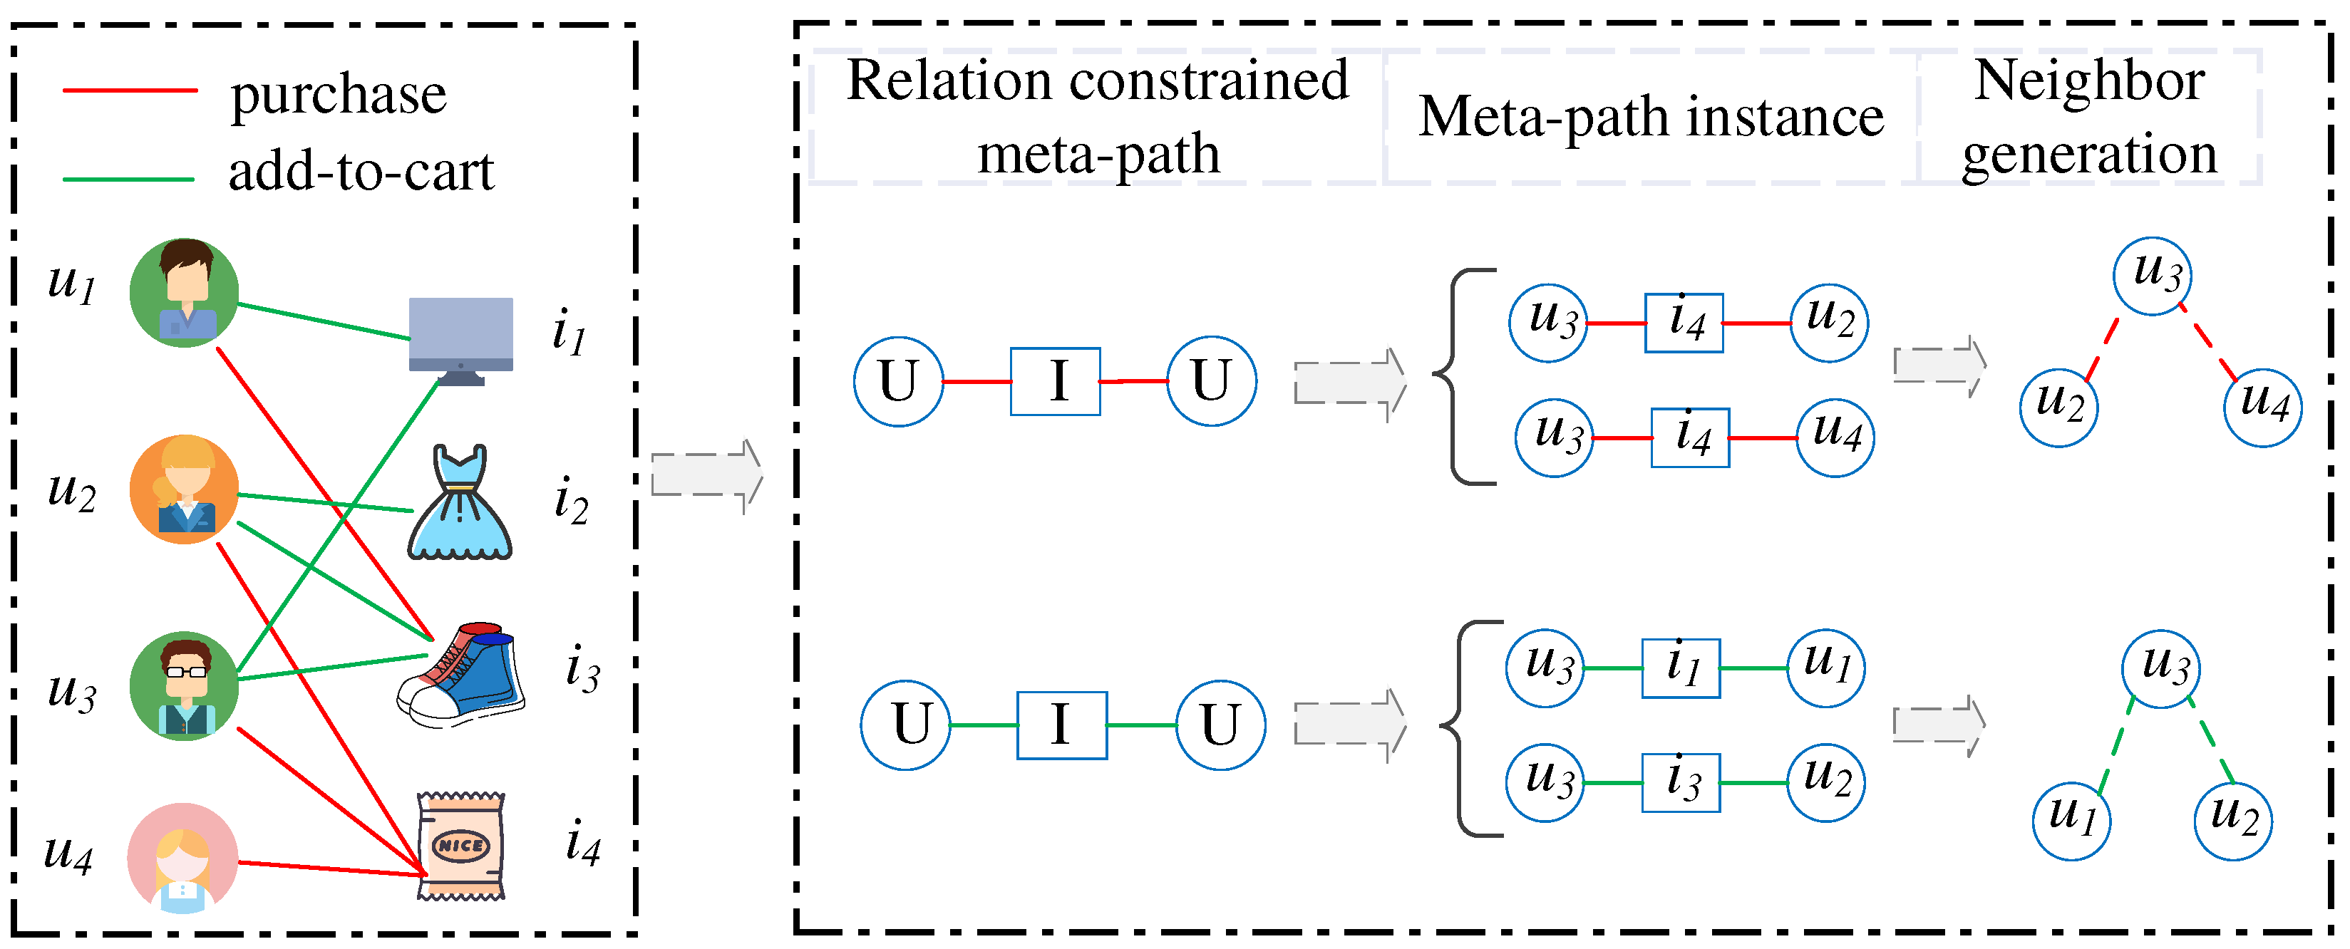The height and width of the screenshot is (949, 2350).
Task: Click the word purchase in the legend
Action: (x=338, y=95)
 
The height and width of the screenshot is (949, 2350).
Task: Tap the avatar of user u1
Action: (x=185, y=294)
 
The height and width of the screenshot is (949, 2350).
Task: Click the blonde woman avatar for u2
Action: (x=185, y=489)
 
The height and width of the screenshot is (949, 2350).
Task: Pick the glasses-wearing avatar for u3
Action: (x=185, y=685)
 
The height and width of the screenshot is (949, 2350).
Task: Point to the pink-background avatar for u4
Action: (x=182, y=857)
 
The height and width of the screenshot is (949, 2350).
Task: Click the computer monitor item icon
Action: (x=460, y=339)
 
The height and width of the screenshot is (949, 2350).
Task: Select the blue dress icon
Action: (x=460, y=503)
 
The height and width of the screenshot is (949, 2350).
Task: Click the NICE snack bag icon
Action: (x=460, y=846)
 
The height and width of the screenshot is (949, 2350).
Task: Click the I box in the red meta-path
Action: (x=1056, y=381)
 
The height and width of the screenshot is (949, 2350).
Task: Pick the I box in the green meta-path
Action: (x=1062, y=725)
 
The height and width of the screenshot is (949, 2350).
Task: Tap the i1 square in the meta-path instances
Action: (x=1681, y=668)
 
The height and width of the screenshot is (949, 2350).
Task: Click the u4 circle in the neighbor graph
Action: (x=2263, y=408)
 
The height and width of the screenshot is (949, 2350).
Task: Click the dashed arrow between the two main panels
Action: (x=707, y=475)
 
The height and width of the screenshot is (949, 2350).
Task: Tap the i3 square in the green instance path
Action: (x=1681, y=782)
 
